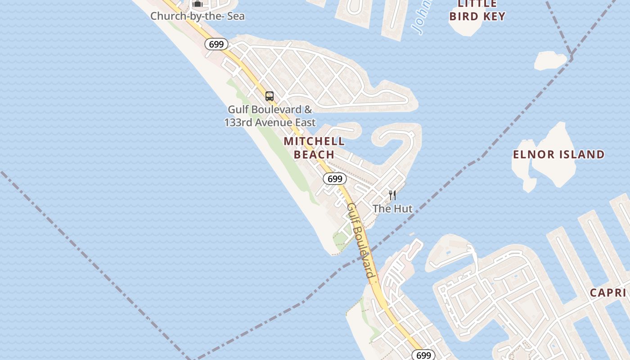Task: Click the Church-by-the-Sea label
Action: click(198, 16)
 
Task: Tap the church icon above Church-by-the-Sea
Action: click(198, 4)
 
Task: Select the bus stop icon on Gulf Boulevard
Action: click(270, 96)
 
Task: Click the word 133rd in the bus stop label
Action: click(239, 122)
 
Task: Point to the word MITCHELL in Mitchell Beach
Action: click(314, 141)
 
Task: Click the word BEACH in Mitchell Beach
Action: click(314, 154)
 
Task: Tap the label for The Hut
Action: click(392, 208)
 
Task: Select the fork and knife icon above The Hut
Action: click(392, 195)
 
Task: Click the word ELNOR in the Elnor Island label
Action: click(532, 154)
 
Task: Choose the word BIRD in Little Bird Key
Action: click(465, 16)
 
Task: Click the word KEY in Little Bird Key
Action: click(495, 16)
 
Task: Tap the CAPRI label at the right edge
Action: click(609, 292)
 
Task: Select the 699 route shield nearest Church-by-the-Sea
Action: click(216, 44)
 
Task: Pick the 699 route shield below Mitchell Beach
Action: click(335, 179)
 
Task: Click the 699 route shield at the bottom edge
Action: click(423, 355)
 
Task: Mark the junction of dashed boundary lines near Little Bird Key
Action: click(571, 57)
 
